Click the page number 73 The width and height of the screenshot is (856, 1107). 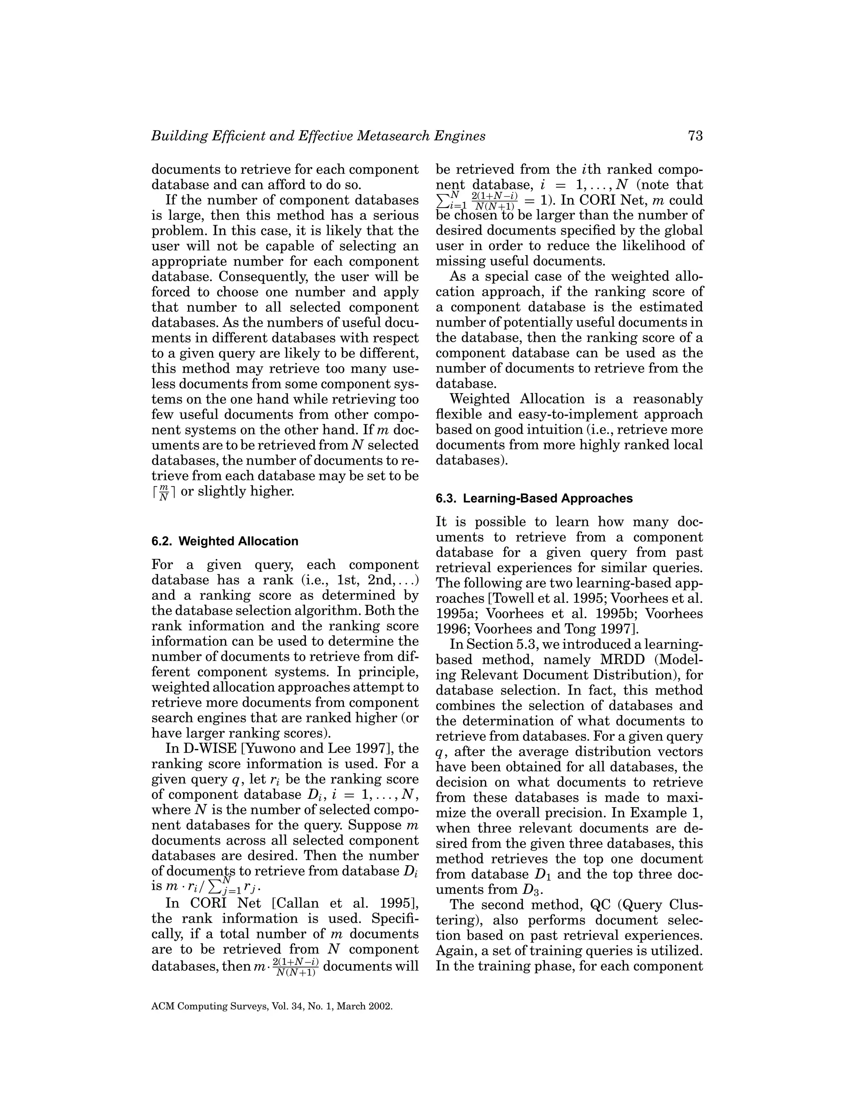pyautogui.click(x=695, y=136)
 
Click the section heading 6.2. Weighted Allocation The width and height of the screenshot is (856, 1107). pyautogui.click(x=224, y=541)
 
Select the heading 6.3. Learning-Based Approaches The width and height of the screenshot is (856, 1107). pyautogui.click(x=534, y=498)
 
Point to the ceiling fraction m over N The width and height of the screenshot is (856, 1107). pyautogui.click(x=164, y=492)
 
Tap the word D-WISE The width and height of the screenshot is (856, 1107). pyautogui.click(x=212, y=749)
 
